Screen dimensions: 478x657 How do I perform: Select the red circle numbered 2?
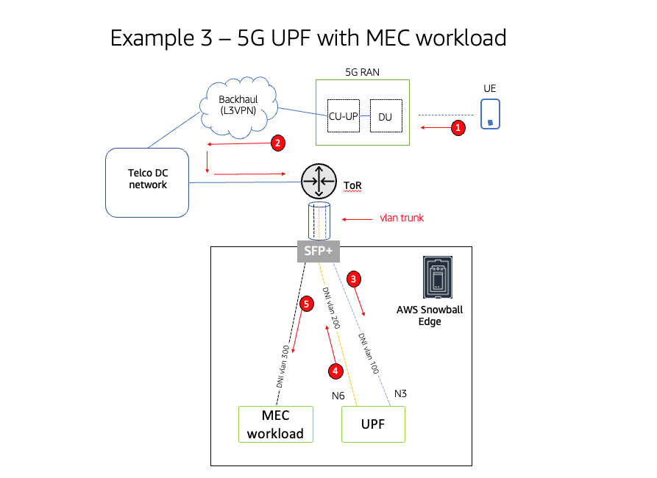pyautogui.click(x=277, y=143)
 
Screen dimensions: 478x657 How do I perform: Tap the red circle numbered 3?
pyautogui.click(x=354, y=279)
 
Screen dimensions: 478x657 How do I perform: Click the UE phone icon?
pyautogui.click(x=490, y=114)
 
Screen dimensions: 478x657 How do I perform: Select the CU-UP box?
pyautogui.click(x=342, y=116)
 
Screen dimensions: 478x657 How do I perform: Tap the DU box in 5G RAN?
pyautogui.click(x=386, y=116)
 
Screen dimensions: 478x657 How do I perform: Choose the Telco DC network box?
pyautogui.click(x=148, y=182)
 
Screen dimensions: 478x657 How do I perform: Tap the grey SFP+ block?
pyautogui.click(x=318, y=250)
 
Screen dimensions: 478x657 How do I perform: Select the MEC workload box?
pyautogui.click(x=275, y=424)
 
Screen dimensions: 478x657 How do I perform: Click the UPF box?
pyautogui.click(x=373, y=424)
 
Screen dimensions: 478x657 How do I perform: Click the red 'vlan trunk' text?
pyautogui.click(x=402, y=218)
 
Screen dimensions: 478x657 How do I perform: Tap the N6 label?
pyautogui.click(x=338, y=396)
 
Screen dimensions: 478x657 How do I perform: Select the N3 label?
pyautogui.click(x=400, y=393)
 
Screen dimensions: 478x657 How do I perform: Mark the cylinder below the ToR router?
pyautogui.click(x=318, y=221)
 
